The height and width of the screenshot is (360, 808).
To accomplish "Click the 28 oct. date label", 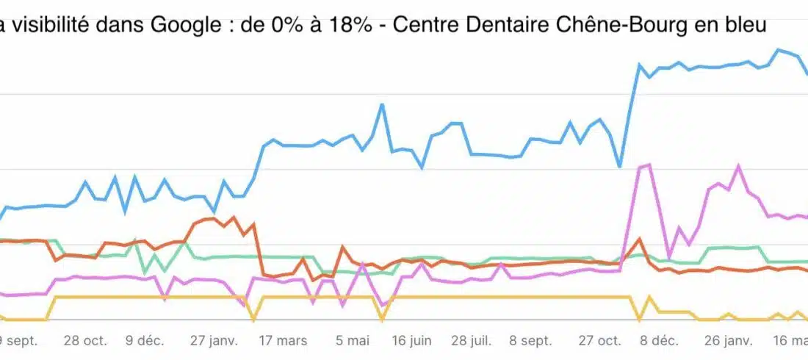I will [85, 341].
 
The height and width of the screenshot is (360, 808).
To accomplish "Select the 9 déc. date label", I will [145, 341].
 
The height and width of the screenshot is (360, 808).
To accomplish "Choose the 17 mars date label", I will [283, 341].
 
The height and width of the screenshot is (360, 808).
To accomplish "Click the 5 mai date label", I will [353, 341].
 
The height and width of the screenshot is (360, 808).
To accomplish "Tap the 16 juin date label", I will [411, 341].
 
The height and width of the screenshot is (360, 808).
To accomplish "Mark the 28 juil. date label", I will [471, 341].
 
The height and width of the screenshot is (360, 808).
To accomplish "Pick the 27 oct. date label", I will [600, 341].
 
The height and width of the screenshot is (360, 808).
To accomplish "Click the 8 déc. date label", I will [659, 341].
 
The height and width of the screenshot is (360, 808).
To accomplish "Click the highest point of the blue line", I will [778, 49].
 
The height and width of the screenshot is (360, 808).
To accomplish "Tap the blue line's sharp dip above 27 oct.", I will [620, 167].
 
